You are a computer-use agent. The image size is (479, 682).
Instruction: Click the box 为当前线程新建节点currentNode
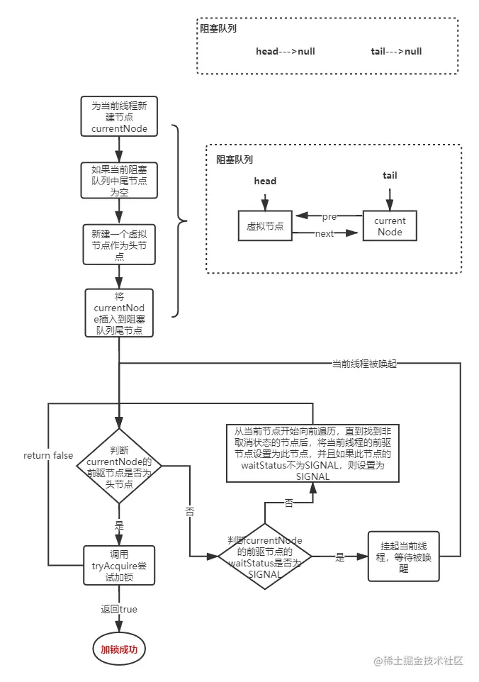119,118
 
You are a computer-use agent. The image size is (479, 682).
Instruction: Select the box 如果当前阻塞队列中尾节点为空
119,181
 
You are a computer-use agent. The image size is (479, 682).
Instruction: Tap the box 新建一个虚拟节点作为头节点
119,245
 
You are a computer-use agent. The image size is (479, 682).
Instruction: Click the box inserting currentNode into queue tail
119,312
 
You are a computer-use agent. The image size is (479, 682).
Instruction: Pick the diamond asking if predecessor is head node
119,466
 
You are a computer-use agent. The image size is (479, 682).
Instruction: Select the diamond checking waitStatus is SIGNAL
264,558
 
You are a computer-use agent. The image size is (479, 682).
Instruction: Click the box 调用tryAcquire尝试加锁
119,566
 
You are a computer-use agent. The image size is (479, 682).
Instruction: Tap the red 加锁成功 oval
120,649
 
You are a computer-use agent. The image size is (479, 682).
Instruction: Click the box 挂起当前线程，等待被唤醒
403,557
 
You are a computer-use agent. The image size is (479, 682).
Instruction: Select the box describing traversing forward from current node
312,454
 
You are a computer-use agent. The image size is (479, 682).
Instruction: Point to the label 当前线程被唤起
364,364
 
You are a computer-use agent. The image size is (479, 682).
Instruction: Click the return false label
48,455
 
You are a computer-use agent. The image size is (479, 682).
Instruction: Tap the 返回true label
119,609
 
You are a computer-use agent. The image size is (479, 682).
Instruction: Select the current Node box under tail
389,226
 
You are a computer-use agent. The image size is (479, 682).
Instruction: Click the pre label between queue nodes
329,216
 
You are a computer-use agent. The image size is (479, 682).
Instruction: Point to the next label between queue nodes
325,234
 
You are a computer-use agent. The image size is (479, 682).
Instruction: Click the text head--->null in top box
286,52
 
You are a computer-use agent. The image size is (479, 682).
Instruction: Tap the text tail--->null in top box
396,52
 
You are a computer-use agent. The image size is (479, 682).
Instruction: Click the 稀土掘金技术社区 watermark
419,661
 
